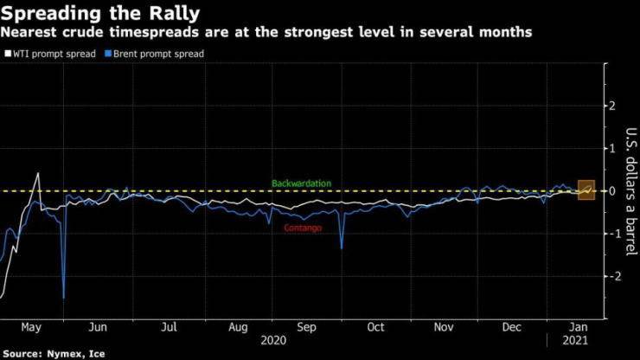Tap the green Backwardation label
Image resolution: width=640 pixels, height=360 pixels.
(301, 183)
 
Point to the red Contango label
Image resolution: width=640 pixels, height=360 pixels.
(303, 228)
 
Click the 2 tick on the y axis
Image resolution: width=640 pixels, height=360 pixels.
(612, 106)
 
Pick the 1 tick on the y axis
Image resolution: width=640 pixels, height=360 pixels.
(612, 149)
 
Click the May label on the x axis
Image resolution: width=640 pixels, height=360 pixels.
(30, 327)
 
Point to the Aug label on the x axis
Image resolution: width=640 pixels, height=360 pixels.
(240, 327)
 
